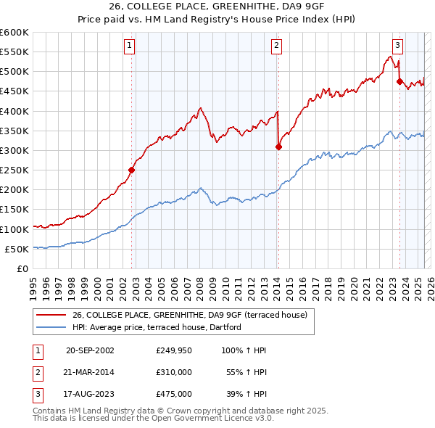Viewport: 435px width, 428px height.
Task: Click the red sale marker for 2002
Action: click(x=131, y=170)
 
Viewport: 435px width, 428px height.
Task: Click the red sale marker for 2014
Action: click(x=278, y=147)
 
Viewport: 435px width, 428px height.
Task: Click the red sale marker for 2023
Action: click(x=399, y=82)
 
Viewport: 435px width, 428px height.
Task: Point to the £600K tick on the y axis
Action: click(x=14, y=33)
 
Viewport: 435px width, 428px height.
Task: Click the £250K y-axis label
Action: click(x=14, y=170)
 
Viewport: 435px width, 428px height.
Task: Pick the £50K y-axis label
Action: click(x=17, y=249)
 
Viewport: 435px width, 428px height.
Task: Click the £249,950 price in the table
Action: click(x=173, y=350)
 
